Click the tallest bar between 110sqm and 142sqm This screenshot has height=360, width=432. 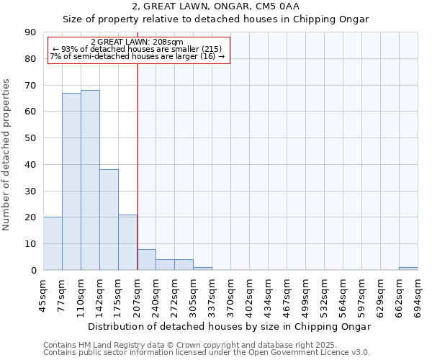[x=90, y=180]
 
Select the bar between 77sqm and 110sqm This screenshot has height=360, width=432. [x=71, y=181]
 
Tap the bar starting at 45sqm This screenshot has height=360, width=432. [x=53, y=243]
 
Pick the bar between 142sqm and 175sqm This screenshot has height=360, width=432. [x=109, y=220]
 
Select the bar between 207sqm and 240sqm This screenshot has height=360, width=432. [x=146, y=259]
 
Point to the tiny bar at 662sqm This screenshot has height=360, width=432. [x=408, y=269]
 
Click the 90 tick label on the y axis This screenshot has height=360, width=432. [x=30, y=32]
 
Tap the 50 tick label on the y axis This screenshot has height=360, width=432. [x=30, y=138]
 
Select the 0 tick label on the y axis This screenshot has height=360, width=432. [x=33, y=271]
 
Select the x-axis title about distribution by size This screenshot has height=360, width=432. [x=229, y=327]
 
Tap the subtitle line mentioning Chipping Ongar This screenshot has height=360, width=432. [x=215, y=19]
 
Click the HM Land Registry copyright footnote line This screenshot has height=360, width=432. [x=190, y=346]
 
